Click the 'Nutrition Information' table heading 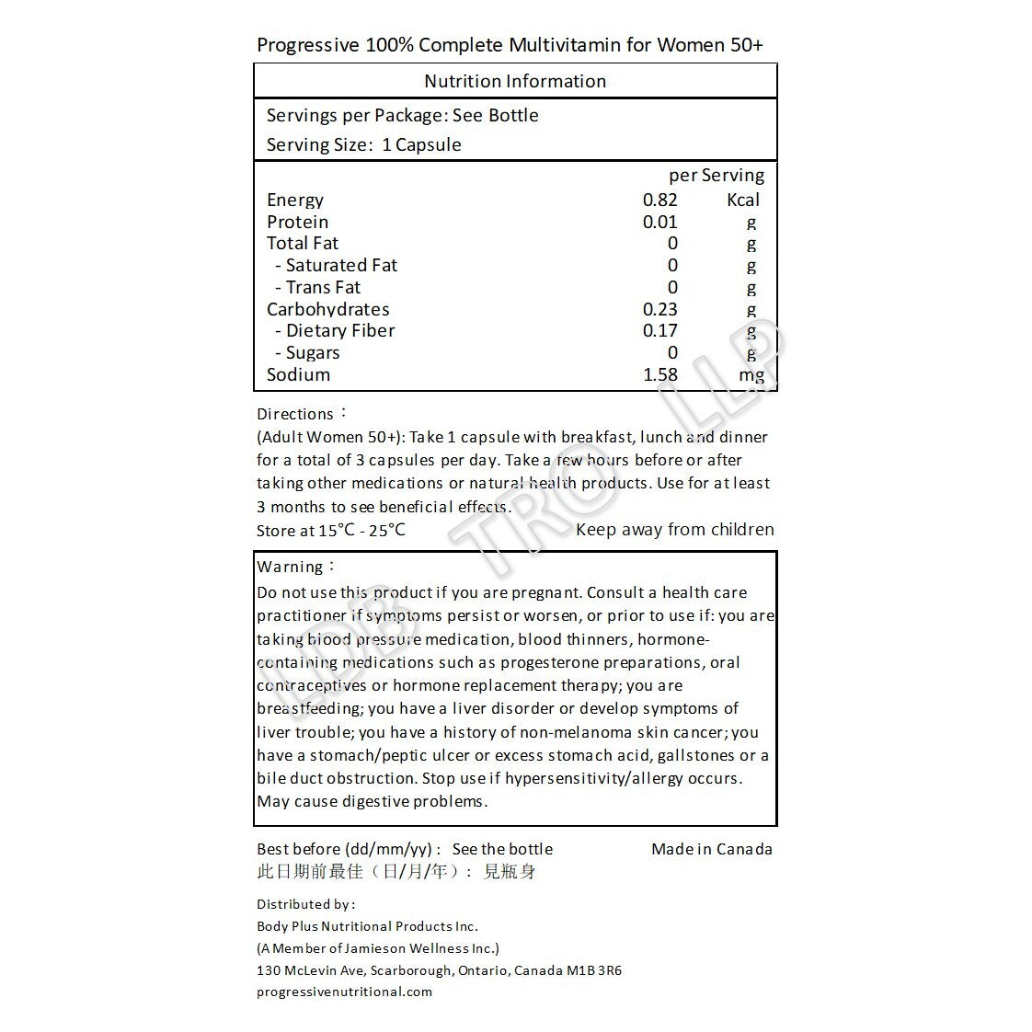pos(515,81)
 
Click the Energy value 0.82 pos(660,200)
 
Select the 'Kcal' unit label pos(743,200)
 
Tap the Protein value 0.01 pos(660,222)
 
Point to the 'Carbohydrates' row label pos(328,309)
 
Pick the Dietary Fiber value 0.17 pos(660,330)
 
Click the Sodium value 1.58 pos(660,374)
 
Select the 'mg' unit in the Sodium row pos(751,375)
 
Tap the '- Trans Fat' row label pos(318,287)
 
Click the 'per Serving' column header pos(717,175)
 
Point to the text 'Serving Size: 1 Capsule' pos(364,144)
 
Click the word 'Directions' pos(295,414)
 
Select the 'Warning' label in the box pos(291,567)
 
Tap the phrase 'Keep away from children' pos(674,529)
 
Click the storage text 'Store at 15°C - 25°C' pos(331,530)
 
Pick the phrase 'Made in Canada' pos(712,849)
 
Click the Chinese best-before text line pos(396,871)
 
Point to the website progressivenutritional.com pos(344,992)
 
